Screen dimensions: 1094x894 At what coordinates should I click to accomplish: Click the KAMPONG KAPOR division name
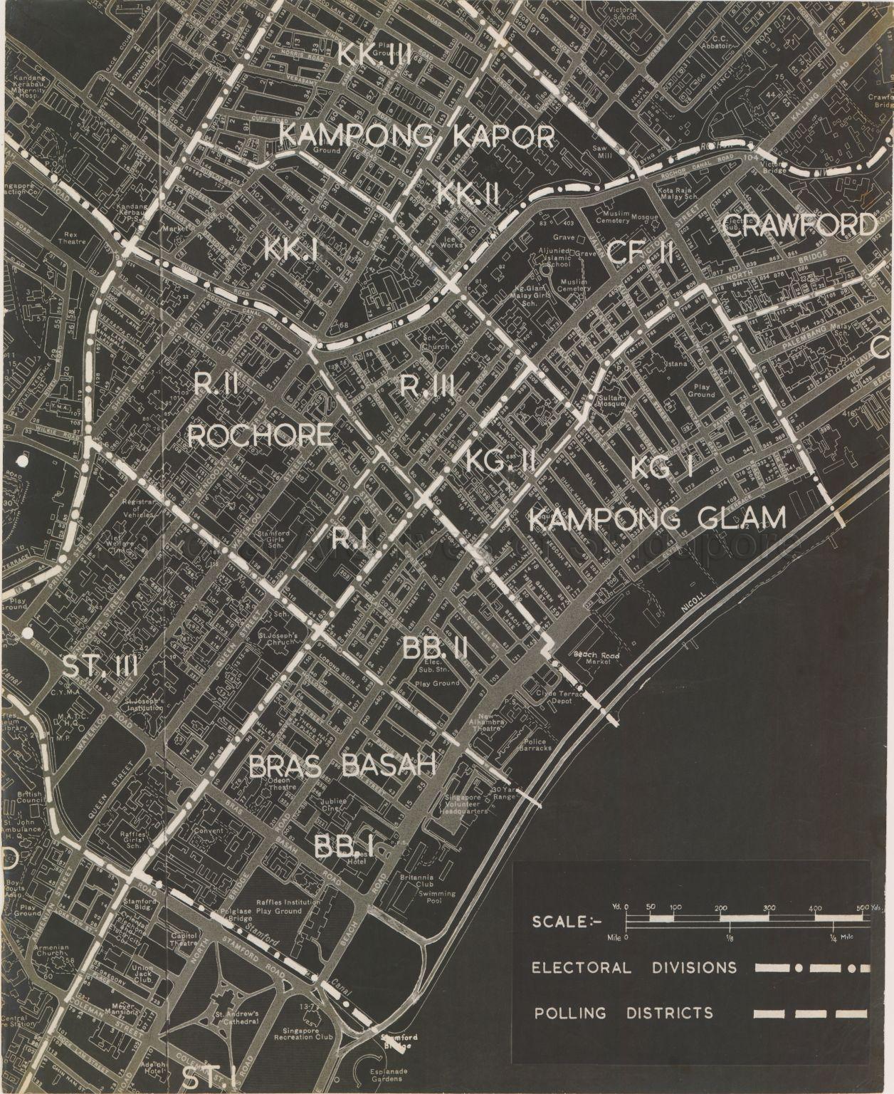[416, 135]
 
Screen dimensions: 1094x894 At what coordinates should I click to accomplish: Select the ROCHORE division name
[260, 435]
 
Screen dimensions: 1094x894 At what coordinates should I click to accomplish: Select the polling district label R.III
[427, 387]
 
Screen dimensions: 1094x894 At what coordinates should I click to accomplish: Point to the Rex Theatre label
[72, 237]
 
